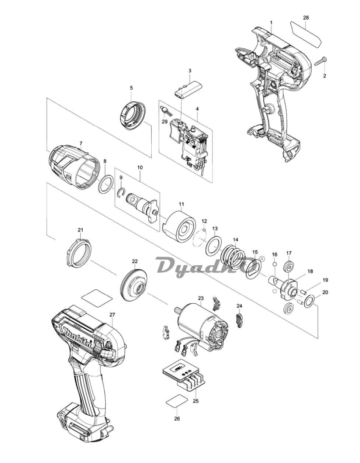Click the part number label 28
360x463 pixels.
coord(306,18)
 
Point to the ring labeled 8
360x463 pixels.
coord(105,183)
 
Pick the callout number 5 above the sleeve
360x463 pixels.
coord(131,87)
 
